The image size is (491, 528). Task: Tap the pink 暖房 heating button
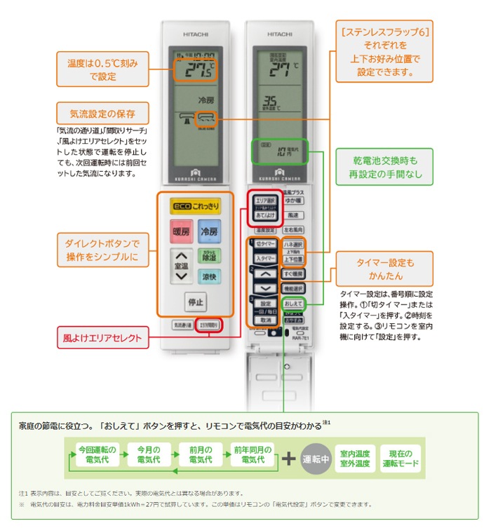pyautogui.click(x=181, y=231)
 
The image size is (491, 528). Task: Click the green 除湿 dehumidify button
pyautogui.click(x=209, y=256)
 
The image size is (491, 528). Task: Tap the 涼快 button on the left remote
pyautogui.click(x=209, y=276)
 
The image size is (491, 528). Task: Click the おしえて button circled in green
pyautogui.click(x=294, y=303)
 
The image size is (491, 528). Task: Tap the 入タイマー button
pyautogui.click(x=264, y=259)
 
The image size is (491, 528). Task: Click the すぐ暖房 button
pyautogui.click(x=293, y=273)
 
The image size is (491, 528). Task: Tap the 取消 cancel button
pyautogui.click(x=265, y=319)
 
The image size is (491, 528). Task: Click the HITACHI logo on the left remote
pyautogui.click(x=196, y=33)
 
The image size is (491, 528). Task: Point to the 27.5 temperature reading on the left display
pyautogui.click(x=196, y=69)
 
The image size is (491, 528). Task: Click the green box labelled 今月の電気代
pyautogui.click(x=149, y=454)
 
